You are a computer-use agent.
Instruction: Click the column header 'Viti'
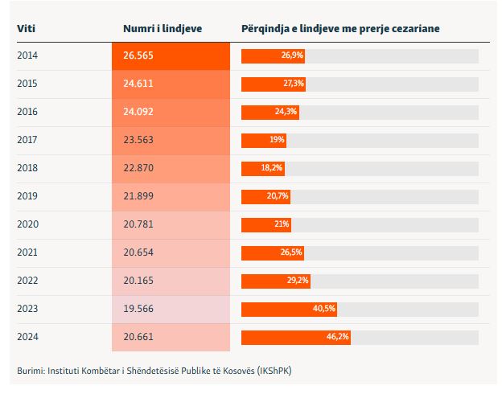(26, 29)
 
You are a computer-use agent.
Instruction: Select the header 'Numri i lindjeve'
(163, 29)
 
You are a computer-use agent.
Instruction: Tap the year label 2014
(27, 55)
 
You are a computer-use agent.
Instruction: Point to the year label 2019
(27, 196)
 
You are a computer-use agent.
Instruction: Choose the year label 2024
(27, 337)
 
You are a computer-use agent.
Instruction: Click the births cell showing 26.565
(171, 55)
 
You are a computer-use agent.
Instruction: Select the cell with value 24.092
(171, 112)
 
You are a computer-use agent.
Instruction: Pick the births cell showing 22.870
(171, 168)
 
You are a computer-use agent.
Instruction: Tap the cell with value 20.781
(171, 224)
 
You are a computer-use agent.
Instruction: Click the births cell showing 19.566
(171, 309)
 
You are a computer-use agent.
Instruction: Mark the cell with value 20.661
(171, 337)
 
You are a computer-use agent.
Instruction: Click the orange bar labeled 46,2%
(295, 337)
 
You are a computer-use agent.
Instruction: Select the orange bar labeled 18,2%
(263, 168)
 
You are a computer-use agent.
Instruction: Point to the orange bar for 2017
(264, 140)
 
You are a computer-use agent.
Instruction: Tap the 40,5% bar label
(324, 309)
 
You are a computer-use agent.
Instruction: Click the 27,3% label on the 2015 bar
(294, 84)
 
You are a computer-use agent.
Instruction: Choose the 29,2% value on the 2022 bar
(298, 281)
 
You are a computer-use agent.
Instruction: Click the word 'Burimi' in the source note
(31, 371)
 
